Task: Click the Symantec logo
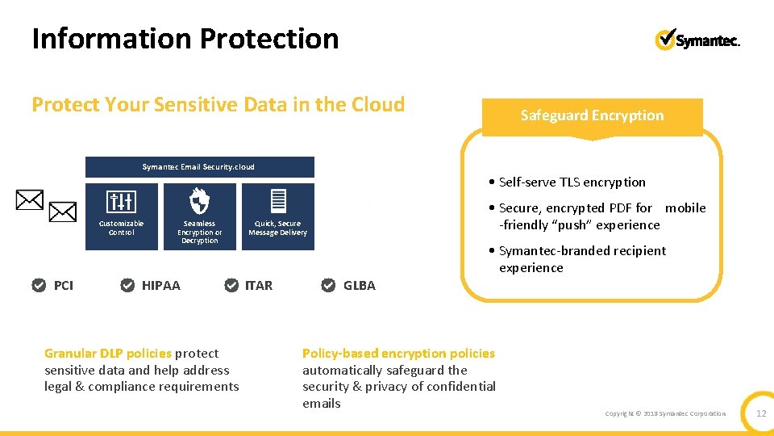click(x=697, y=40)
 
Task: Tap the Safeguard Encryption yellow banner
click(x=592, y=115)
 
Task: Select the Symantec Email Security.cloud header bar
click(x=199, y=167)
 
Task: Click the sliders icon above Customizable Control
click(x=121, y=202)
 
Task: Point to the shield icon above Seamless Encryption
click(x=199, y=201)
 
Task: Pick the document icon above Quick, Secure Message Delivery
click(x=278, y=201)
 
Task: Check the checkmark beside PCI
click(x=39, y=285)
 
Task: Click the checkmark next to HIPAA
click(x=127, y=285)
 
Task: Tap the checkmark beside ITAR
click(x=231, y=285)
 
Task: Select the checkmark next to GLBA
click(x=328, y=285)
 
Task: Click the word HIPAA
click(x=161, y=285)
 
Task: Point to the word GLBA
click(x=360, y=285)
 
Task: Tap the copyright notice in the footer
click(x=665, y=413)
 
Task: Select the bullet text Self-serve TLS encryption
click(x=572, y=182)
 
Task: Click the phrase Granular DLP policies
click(x=108, y=353)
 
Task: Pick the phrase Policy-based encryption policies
click(x=398, y=353)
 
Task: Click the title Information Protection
click(x=185, y=39)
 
